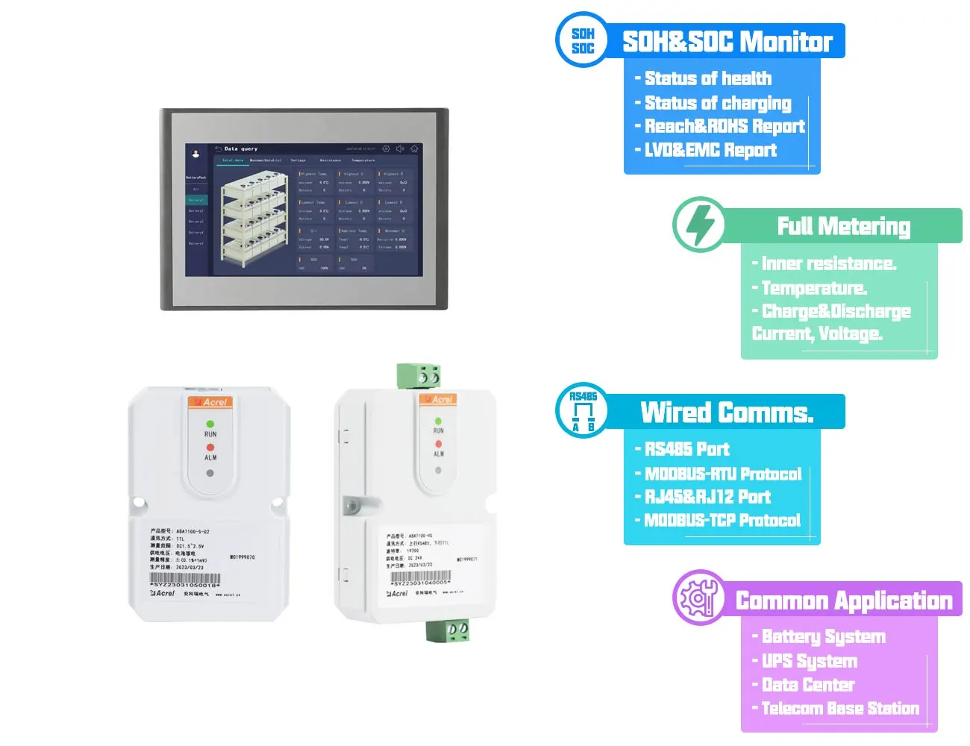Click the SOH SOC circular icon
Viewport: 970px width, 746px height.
click(583, 40)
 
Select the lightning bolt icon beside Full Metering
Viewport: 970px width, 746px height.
click(699, 225)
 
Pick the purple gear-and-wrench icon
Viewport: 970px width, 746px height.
click(699, 598)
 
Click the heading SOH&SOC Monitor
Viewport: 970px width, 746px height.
click(727, 42)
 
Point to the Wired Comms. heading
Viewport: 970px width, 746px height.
click(727, 413)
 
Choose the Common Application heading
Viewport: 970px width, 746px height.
click(844, 601)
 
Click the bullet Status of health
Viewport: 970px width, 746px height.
click(707, 78)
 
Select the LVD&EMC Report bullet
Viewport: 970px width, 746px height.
click(710, 150)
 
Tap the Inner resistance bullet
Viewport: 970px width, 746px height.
click(828, 263)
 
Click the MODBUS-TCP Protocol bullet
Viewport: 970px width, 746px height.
click(722, 520)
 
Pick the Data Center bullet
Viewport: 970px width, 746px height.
click(807, 684)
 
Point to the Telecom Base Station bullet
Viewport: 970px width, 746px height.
click(839, 708)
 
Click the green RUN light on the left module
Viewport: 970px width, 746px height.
click(210, 424)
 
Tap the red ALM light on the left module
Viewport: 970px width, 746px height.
click(210, 448)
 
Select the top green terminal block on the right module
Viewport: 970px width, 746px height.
click(418, 376)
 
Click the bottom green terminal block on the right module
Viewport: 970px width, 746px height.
click(448, 630)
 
